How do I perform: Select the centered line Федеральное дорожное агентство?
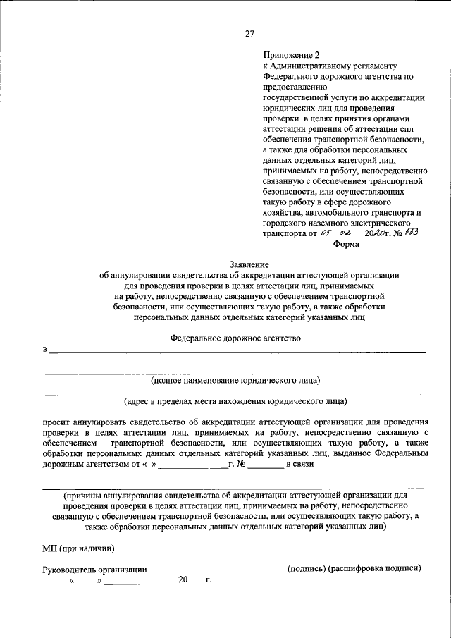pyautogui.click(x=235, y=338)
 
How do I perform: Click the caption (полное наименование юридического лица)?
pyautogui.click(x=235, y=381)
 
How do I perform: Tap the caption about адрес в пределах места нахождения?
pyautogui.click(x=235, y=402)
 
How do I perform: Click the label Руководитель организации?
pyautogui.click(x=94, y=569)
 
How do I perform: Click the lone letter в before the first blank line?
pyautogui.click(x=44, y=349)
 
